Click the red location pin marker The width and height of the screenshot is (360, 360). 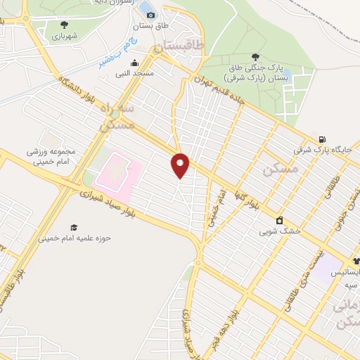[180, 165]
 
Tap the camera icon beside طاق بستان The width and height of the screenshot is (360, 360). [150, 15]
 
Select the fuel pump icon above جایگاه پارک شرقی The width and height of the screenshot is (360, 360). [322, 139]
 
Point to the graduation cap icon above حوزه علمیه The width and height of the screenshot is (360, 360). [73, 227]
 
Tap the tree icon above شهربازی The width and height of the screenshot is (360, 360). [56, 24]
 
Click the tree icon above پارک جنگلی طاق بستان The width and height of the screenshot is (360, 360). [255, 57]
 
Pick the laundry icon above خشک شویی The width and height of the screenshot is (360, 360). [279, 219]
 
